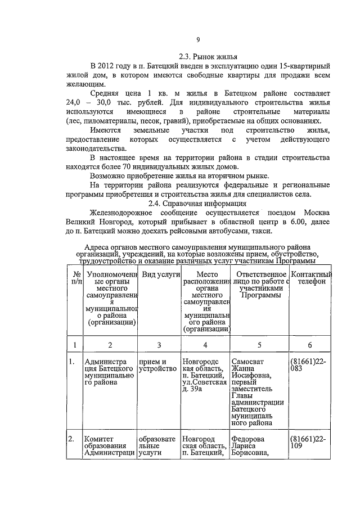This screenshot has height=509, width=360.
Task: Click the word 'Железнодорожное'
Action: (121, 213)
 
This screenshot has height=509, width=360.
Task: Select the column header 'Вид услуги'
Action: (160, 274)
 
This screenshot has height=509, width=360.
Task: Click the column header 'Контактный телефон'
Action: (312, 277)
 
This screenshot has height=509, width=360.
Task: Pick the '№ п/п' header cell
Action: (74, 277)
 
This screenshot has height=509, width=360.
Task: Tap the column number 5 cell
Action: (259, 344)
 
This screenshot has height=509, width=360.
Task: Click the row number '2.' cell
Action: (71, 438)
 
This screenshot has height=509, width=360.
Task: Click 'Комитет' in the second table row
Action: (98, 438)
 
